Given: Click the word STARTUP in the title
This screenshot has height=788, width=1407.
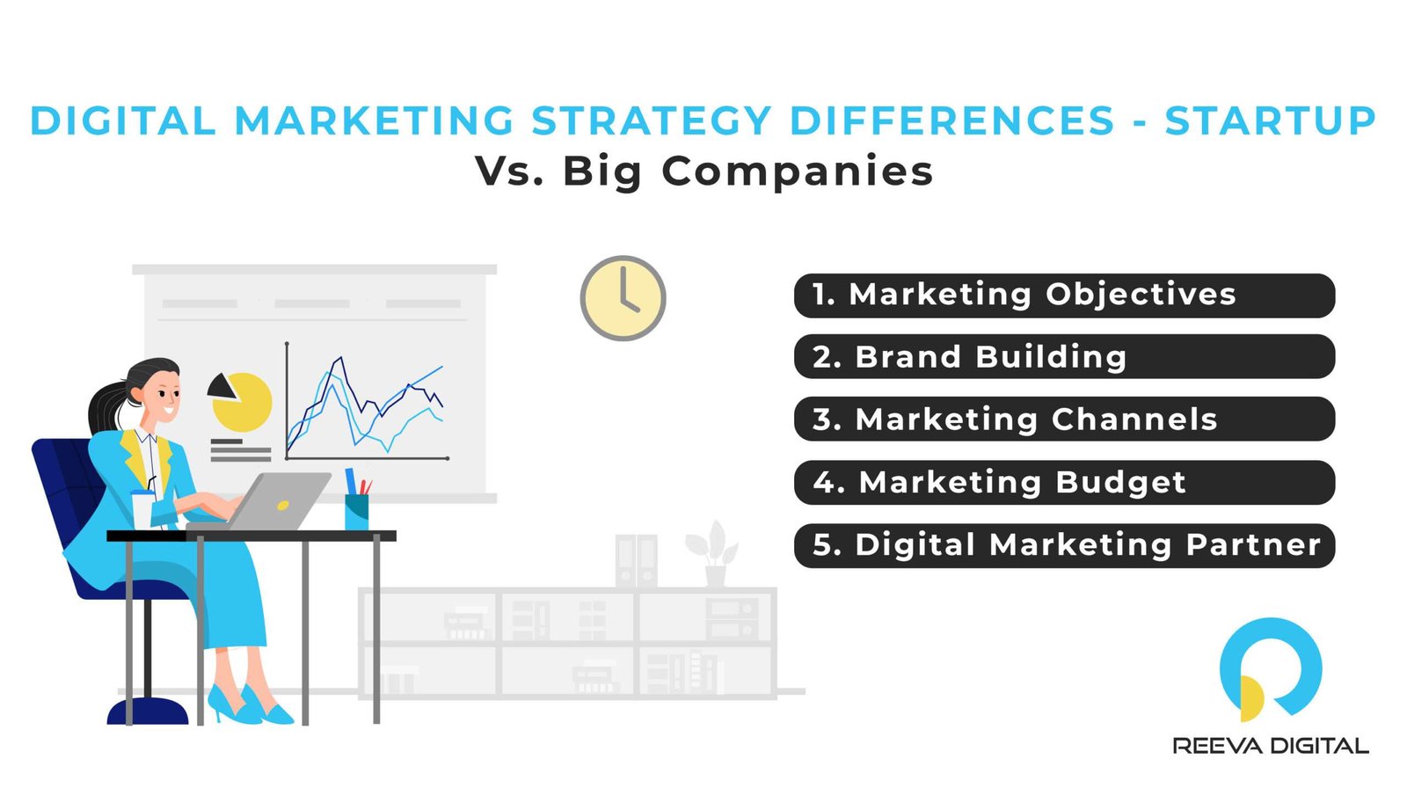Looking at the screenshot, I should point(1270,121).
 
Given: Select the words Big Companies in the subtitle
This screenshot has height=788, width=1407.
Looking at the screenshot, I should point(747,171).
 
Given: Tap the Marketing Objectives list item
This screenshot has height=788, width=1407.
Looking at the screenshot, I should point(1064,295).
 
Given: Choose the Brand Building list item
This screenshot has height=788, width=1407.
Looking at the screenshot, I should point(1064,357).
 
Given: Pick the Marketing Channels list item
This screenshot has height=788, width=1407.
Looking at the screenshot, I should point(1064,420).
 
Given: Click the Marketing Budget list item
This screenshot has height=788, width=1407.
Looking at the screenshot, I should point(1064,483).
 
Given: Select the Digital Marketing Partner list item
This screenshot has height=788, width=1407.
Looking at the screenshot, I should point(1064,545).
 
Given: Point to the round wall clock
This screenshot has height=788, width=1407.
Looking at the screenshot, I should point(623,299).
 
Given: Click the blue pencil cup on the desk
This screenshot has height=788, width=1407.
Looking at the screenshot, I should point(356,510).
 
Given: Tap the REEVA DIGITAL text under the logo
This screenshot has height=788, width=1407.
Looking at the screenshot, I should point(1270,747).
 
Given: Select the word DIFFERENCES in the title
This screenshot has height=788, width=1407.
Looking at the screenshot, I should point(951,121).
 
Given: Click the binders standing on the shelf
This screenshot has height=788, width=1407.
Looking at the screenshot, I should point(636,560).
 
